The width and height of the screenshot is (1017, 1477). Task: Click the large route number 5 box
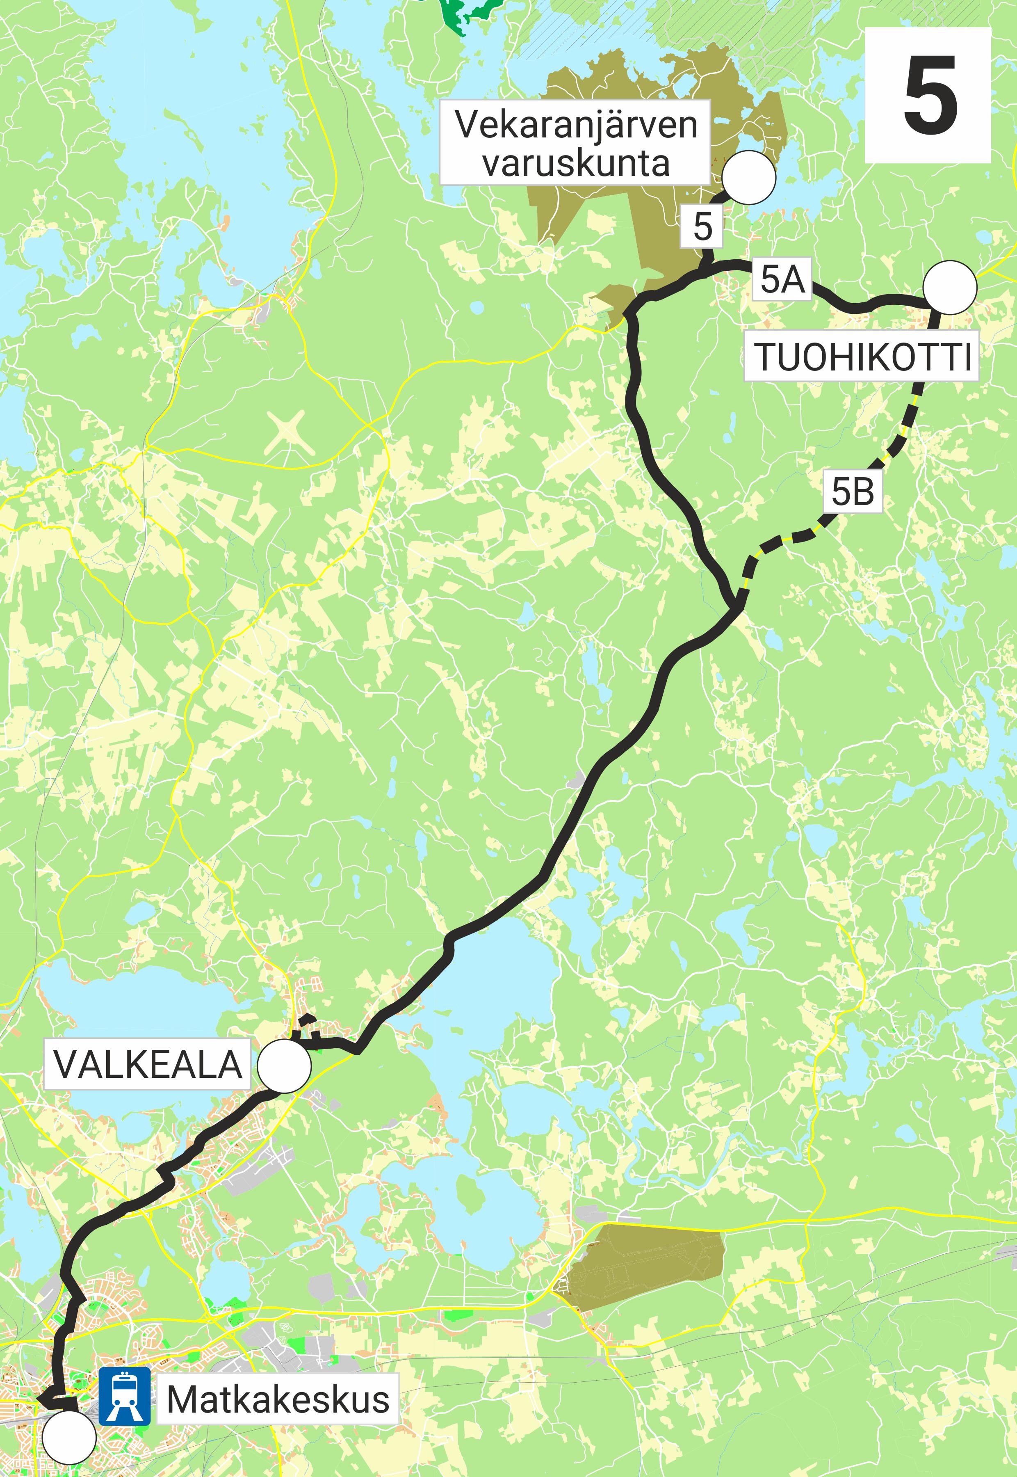(x=927, y=96)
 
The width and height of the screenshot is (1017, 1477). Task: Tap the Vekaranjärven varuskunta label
(x=575, y=142)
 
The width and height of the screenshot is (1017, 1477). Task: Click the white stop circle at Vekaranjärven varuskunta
(x=749, y=178)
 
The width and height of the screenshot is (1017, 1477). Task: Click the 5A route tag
(x=782, y=279)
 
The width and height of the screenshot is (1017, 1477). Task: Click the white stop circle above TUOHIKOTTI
(x=949, y=288)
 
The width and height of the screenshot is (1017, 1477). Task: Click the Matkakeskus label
(x=278, y=1399)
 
